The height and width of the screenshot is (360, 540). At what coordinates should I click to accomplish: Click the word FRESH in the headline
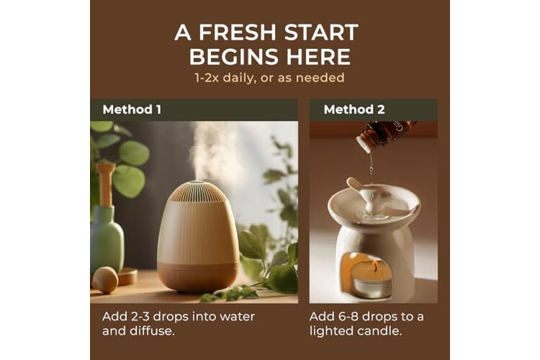point(238,32)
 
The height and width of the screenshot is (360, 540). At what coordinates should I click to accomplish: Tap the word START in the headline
point(322,32)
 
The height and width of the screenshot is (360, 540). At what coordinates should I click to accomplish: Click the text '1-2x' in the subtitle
point(207,78)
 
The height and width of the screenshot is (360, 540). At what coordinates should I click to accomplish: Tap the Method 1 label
point(132,109)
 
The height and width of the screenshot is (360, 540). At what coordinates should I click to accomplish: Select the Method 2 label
point(354,109)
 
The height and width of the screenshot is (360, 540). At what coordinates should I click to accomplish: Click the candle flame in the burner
point(375,266)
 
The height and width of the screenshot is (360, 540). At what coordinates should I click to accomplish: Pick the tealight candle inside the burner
point(371,280)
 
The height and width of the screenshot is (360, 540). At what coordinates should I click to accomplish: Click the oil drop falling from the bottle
point(372,168)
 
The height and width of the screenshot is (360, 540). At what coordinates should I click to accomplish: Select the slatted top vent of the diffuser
point(198,192)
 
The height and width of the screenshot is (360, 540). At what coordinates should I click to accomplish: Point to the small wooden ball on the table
point(105,280)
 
